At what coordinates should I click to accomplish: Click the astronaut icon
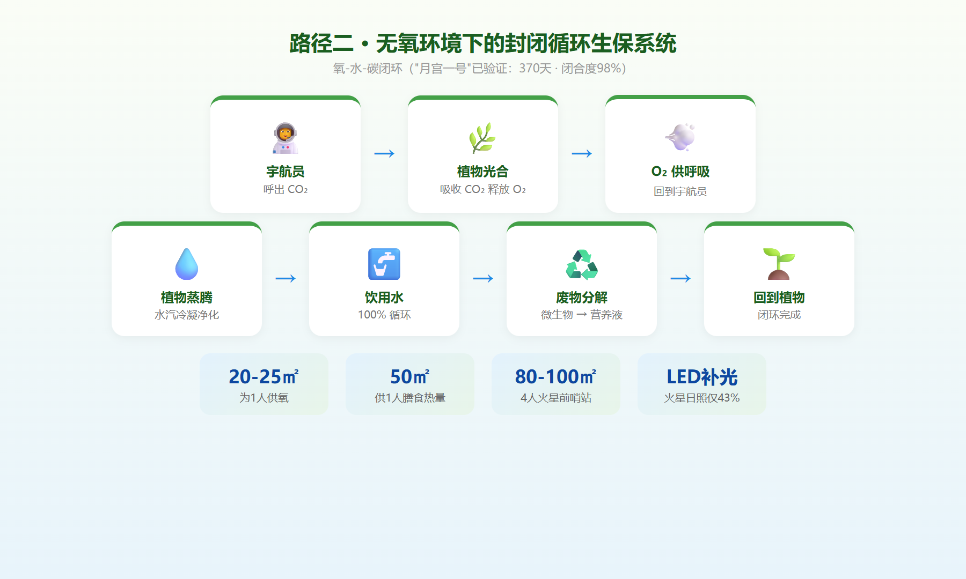pyautogui.click(x=285, y=138)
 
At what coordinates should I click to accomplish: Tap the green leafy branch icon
pyautogui.click(x=482, y=138)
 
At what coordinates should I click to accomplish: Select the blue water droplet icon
pyautogui.click(x=187, y=264)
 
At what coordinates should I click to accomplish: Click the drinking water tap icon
pyautogui.click(x=384, y=264)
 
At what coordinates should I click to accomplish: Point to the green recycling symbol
pyautogui.click(x=582, y=264)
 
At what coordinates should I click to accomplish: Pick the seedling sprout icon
pyautogui.click(x=779, y=264)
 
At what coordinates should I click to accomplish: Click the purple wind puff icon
pyautogui.click(x=680, y=137)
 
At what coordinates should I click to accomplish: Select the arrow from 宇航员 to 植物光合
pyautogui.click(x=384, y=154)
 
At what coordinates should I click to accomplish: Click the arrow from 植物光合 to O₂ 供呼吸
pyautogui.click(x=582, y=154)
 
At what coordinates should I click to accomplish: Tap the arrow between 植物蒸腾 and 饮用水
pyautogui.click(x=286, y=279)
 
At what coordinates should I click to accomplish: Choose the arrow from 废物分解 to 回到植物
pyautogui.click(x=680, y=279)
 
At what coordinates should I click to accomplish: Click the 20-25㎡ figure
pyautogui.click(x=264, y=376)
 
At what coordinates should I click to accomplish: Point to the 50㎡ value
pyautogui.click(x=410, y=376)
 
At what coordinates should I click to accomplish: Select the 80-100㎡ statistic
pyautogui.click(x=556, y=376)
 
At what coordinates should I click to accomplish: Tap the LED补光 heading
pyautogui.click(x=702, y=377)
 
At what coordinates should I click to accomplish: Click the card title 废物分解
pyautogui.click(x=582, y=298)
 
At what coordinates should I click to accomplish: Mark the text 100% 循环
pyautogui.click(x=384, y=315)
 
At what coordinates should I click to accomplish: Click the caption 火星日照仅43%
pyautogui.click(x=702, y=398)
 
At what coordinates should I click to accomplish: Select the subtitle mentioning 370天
pyautogui.click(x=483, y=69)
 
